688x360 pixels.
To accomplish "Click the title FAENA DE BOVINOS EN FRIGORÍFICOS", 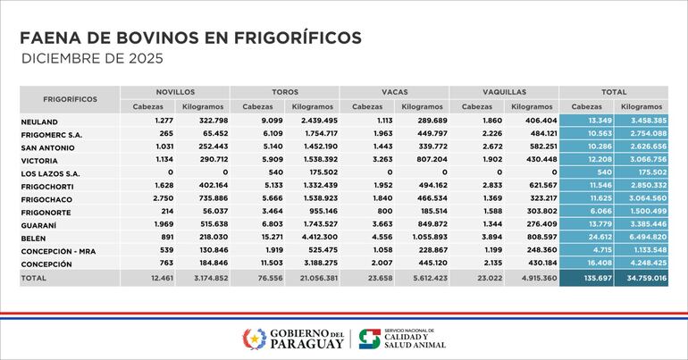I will coord(190,38).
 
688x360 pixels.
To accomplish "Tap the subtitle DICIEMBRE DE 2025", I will coord(91,59).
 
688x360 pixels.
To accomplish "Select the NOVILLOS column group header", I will coord(175,92).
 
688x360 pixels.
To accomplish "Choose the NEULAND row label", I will coord(39,121).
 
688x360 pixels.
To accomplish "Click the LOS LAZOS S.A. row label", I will coord(50,172).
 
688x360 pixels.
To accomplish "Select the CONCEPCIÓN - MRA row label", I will coord(58,251).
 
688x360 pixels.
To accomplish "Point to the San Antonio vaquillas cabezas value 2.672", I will coord(479,147).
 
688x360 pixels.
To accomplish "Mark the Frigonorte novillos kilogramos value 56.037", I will coord(211,212).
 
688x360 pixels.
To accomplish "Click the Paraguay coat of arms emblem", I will coord(254,339).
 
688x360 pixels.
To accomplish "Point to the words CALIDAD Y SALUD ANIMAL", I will coord(412,341).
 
